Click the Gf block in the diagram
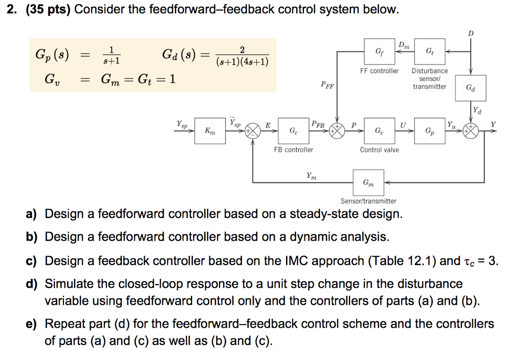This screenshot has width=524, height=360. (x=379, y=51)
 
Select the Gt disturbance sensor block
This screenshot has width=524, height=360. (x=429, y=51)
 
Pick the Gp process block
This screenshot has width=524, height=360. (x=429, y=131)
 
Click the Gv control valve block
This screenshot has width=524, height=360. (x=379, y=131)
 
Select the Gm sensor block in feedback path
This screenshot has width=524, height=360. (x=368, y=182)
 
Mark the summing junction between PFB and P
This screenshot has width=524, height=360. (x=337, y=131)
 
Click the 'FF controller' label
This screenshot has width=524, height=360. (x=379, y=71)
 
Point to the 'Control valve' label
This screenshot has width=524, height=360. (x=379, y=150)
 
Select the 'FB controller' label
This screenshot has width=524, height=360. (x=293, y=150)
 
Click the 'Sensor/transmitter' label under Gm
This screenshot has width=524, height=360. (x=368, y=201)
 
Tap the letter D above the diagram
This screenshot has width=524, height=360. (x=471, y=33)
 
